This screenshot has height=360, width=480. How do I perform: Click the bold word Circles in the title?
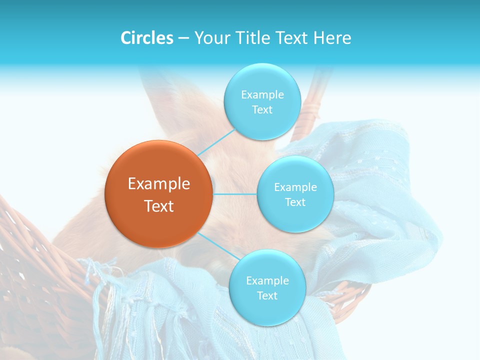coord(146,38)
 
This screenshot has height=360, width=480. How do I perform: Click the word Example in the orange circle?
coord(159,184)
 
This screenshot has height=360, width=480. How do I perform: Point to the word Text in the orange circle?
coord(159,206)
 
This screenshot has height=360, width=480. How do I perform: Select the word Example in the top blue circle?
coord(262,95)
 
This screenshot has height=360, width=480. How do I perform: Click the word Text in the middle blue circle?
coord(295,202)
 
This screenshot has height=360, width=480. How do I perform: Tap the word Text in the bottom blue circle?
coord(267,295)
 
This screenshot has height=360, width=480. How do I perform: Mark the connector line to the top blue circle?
coord(216,142)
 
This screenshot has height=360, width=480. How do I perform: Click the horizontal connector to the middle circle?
coord(234,194)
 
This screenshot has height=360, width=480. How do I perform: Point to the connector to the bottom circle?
coord(218,246)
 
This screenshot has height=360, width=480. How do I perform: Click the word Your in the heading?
coord(210,38)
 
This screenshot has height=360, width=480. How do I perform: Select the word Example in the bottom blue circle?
coord(267,280)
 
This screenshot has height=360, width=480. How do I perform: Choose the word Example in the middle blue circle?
coord(295,187)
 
